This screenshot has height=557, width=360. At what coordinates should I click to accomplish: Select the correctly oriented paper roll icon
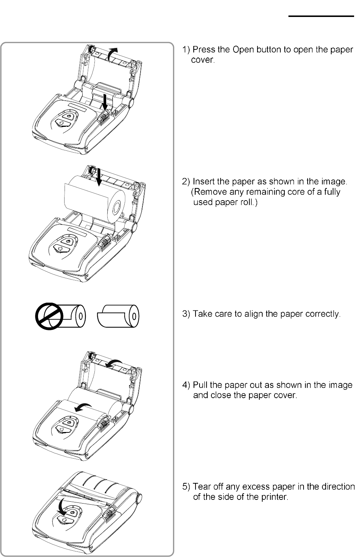tap(119, 316)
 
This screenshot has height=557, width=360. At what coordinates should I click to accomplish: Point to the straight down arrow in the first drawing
tap(105, 102)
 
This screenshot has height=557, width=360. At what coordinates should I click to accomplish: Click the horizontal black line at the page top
tap(320, 16)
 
